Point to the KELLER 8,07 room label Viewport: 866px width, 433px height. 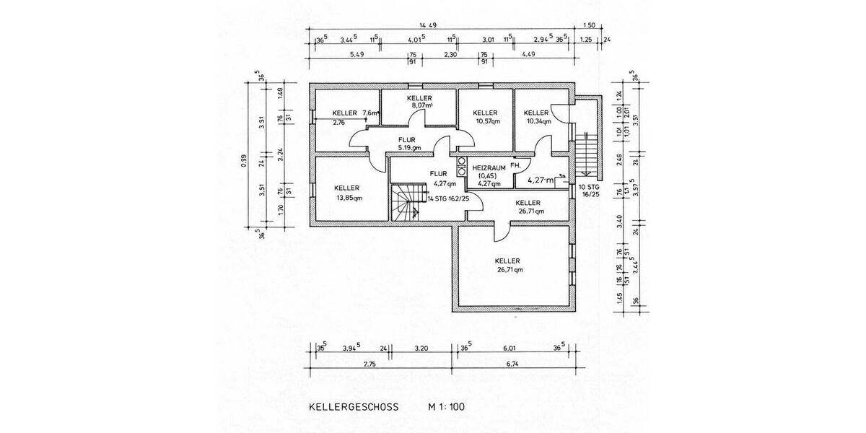coord(419,102)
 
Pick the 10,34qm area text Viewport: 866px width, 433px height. coord(538,121)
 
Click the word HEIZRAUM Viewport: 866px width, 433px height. coord(489,167)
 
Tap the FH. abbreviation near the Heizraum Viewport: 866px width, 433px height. coord(515,166)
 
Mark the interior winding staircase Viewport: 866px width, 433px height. coord(406,203)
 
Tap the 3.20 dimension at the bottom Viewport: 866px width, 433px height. coord(421,349)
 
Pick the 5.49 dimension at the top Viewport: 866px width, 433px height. coord(357,54)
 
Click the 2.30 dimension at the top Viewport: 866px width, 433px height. coord(450,54)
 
